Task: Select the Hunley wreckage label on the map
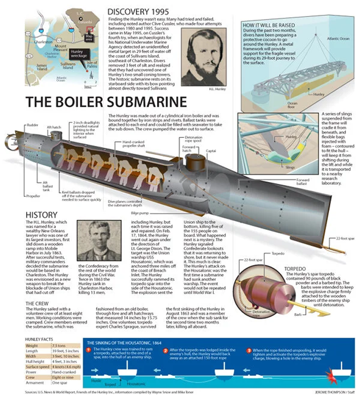coord(78,53)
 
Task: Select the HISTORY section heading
coord(43,216)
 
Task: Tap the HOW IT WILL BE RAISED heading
coord(269,24)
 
